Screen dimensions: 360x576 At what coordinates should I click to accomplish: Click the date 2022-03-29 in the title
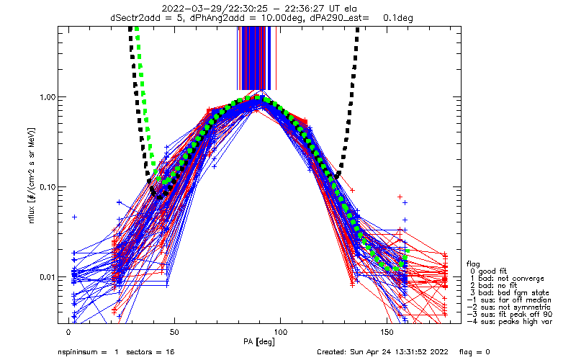(186, 9)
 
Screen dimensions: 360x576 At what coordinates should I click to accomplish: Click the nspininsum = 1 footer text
(88, 352)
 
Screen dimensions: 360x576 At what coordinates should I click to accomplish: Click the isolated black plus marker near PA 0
(74, 216)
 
